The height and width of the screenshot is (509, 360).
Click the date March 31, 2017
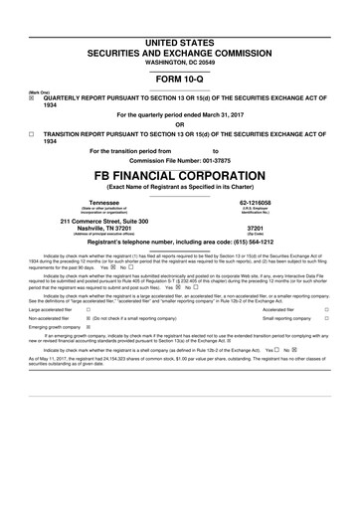coord(222,114)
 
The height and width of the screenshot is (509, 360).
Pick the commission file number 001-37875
coord(230,160)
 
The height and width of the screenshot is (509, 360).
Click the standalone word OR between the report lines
coord(179,124)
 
